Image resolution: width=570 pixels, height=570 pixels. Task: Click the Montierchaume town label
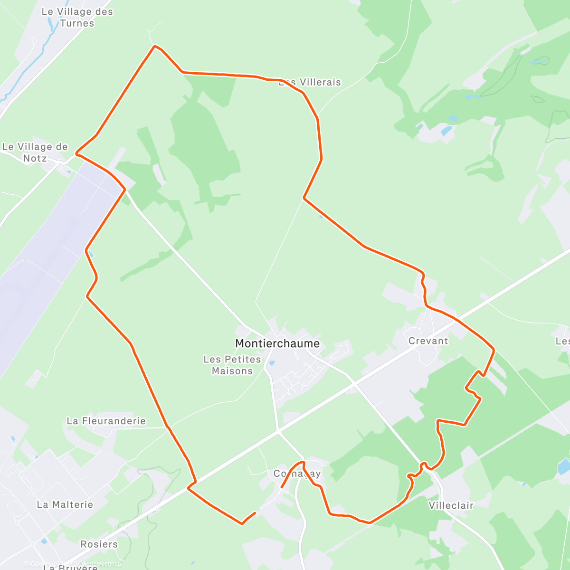coord(277,343)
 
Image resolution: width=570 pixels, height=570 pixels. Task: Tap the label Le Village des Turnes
coord(77,17)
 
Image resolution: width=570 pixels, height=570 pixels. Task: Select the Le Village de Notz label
coord(35,152)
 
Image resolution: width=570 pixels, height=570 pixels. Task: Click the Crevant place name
coord(428,341)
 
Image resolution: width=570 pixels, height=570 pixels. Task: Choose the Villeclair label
coord(451,505)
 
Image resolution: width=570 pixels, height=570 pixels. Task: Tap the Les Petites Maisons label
coord(232,365)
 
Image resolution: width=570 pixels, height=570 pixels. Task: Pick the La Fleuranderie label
coord(106,421)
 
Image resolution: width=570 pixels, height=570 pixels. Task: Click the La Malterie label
coord(65,504)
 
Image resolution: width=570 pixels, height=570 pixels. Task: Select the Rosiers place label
coord(99,544)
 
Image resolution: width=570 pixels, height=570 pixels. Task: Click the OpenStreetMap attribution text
coord(100,564)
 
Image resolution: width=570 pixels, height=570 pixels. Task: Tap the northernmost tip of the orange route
coord(154,46)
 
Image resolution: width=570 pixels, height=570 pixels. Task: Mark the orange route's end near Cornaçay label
coord(282,487)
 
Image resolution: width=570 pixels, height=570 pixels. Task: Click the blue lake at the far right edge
coord(564,466)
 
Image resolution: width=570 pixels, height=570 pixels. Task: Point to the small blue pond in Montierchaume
coord(272,363)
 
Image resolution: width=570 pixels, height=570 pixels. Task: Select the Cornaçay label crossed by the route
coord(297,474)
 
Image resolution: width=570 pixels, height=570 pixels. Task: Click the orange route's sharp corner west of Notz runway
coord(76,154)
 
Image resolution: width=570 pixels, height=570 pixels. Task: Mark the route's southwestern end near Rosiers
coord(256,513)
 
